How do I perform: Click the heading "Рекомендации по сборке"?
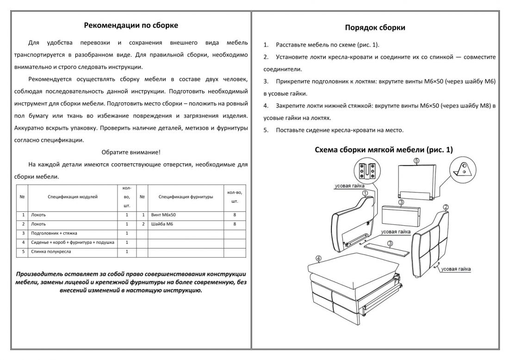131,25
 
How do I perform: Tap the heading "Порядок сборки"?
375,27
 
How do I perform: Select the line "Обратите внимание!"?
131,152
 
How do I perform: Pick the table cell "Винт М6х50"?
163,215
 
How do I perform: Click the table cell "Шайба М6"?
161,224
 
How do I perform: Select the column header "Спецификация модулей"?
73,197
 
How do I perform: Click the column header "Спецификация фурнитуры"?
186,197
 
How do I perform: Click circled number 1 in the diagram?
365,193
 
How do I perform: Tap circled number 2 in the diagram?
446,207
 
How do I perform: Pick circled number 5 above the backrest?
416,161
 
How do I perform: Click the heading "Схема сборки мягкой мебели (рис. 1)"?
384,149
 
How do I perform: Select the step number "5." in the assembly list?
266,130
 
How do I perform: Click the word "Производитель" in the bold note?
38,273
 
